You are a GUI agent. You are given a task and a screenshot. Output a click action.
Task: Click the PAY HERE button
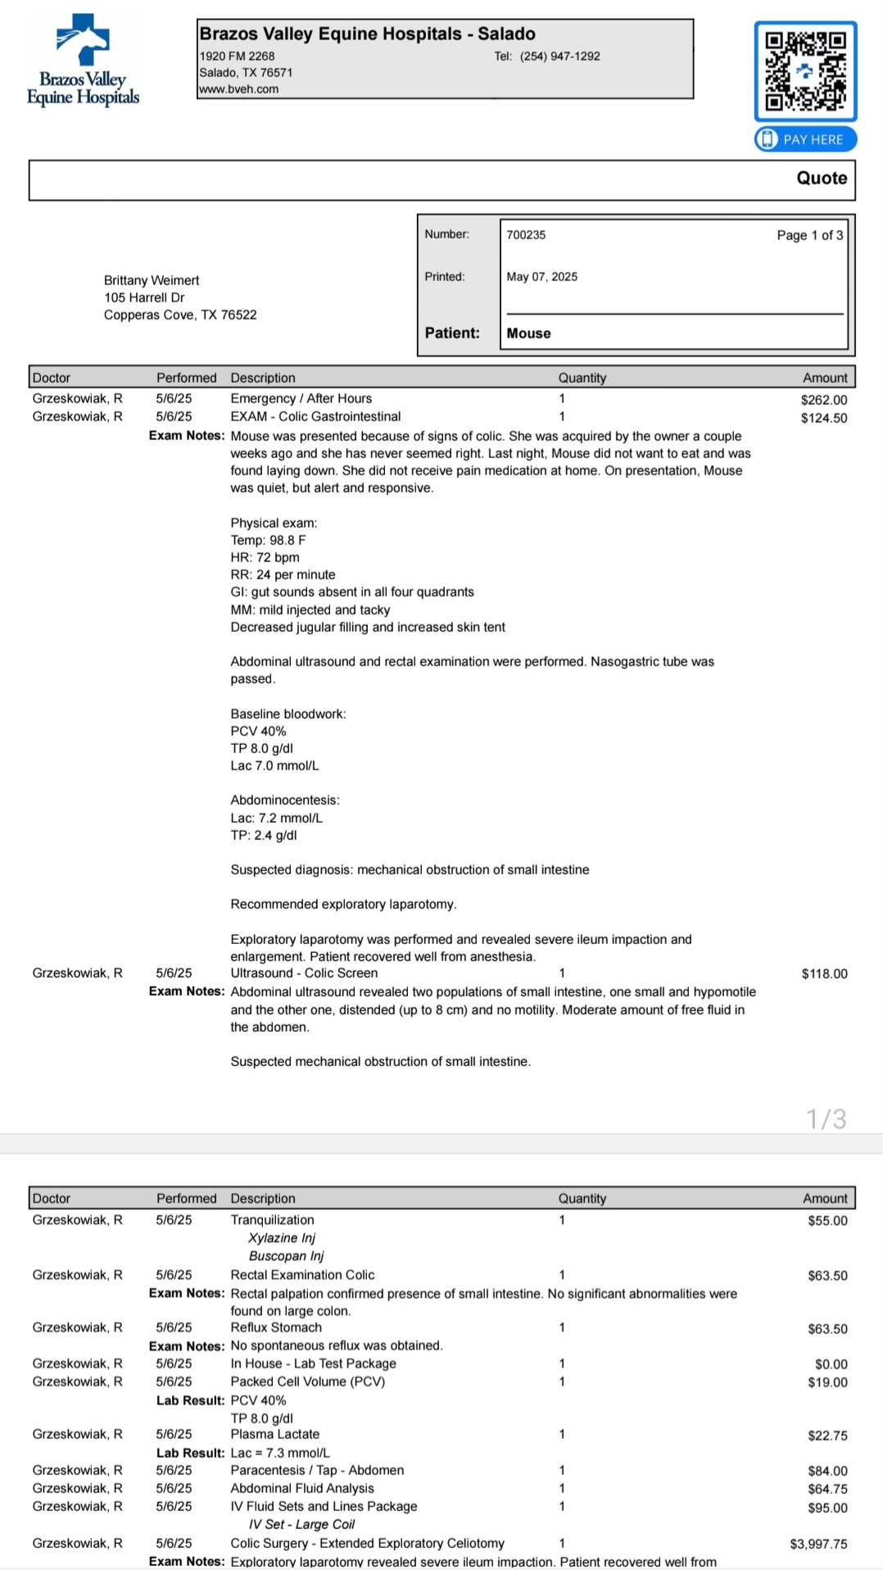(805, 139)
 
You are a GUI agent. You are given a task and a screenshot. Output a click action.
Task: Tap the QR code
(805, 71)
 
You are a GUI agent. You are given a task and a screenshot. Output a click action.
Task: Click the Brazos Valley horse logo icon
(83, 39)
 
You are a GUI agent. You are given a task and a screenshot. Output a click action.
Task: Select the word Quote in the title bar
(822, 179)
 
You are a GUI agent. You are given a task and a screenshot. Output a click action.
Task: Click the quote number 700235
(526, 235)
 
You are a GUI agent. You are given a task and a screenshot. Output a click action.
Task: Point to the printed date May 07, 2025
(541, 277)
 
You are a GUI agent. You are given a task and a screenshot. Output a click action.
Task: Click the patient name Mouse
(528, 334)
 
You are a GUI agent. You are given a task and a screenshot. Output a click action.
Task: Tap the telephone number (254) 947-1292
(559, 57)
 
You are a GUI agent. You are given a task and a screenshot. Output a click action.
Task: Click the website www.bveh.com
(239, 89)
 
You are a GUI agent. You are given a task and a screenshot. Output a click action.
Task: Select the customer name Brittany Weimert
(152, 280)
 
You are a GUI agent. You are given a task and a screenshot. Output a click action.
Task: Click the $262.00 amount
(824, 400)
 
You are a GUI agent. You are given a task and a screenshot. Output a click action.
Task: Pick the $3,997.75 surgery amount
(818, 1544)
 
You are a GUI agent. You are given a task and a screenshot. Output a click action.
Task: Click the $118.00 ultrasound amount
(824, 973)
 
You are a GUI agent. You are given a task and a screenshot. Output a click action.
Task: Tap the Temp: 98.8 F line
(268, 540)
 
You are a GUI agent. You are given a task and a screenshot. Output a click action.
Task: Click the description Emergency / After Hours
(301, 398)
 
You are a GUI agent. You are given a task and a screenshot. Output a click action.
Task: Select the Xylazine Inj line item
(282, 1238)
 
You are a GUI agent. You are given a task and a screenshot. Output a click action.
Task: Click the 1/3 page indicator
(826, 1119)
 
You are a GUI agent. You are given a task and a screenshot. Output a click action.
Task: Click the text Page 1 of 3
(809, 235)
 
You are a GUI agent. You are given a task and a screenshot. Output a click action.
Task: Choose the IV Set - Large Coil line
(301, 1524)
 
